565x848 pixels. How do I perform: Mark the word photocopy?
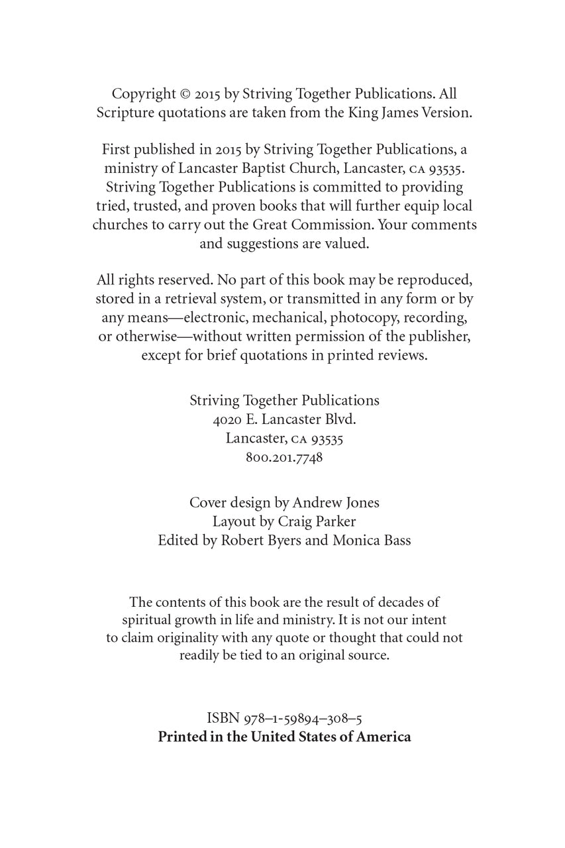[366, 318]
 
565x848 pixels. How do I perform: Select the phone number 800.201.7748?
[284, 457]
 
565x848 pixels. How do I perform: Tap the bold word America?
[384, 737]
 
